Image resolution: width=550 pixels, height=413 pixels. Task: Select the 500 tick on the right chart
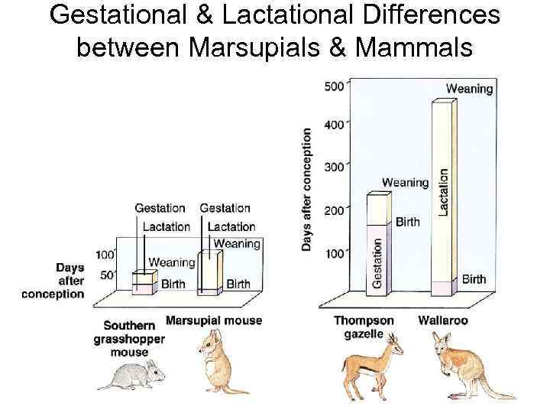click(334, 86)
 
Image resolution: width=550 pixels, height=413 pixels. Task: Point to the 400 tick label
click(334, 125)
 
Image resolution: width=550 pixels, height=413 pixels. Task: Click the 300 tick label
click(334, 167)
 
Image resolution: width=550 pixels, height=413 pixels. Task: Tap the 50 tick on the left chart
click(107, 275)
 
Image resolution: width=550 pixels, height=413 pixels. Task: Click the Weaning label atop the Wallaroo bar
click(469, 89)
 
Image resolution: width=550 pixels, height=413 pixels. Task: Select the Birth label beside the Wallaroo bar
click(474, 279)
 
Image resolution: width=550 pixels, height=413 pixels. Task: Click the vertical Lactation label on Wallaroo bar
click(444, 192)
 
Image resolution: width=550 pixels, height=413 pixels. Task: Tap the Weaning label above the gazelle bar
click(405, 182)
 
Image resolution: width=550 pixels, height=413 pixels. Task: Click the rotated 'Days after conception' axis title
click(307, 189)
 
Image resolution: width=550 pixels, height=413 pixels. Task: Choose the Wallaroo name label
click(443, 320)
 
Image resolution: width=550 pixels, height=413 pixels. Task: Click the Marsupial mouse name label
click(214, 320)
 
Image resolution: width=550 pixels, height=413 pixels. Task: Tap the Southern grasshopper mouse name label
click(128, 339)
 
